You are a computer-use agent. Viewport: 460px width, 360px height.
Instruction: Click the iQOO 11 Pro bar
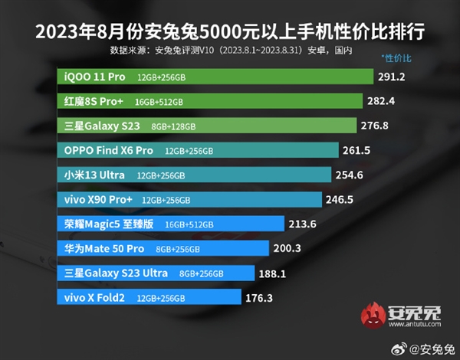[x=215, y=77]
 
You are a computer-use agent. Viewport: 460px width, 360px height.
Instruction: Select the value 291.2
[x=391, y=77]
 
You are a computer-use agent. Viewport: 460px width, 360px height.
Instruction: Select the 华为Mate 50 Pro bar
[x=163, y=249]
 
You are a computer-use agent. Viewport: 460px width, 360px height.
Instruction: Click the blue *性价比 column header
[x=396, y=58]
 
